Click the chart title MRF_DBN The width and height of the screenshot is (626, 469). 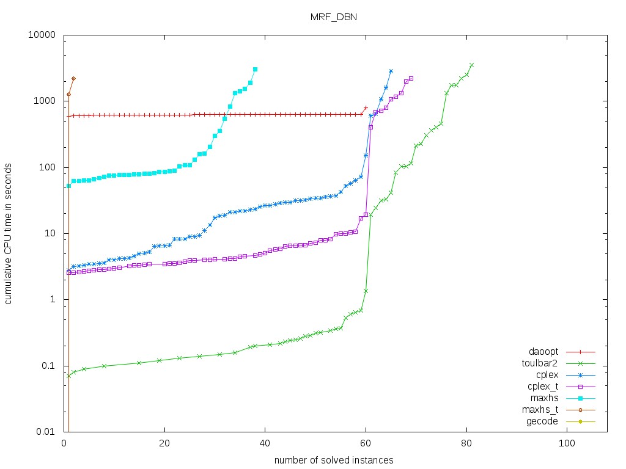point(333,17)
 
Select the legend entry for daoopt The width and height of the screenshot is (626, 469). point(543,352)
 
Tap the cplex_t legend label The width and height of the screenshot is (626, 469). point(542,387)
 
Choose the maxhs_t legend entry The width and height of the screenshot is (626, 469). point(540,409)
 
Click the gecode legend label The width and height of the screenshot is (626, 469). point(543,421)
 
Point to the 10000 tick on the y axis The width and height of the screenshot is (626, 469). point(45,35)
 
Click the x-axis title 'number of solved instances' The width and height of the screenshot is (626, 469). point(333,459)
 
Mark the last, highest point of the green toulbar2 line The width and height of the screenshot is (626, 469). point(471,65)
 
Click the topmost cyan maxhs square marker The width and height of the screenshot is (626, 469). point(255,69)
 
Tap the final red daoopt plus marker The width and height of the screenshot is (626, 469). point(366,108)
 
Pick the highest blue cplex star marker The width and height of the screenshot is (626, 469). point(391,71)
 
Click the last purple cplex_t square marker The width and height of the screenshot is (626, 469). point(411,78)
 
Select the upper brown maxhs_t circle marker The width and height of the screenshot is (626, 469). point(73,78)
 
